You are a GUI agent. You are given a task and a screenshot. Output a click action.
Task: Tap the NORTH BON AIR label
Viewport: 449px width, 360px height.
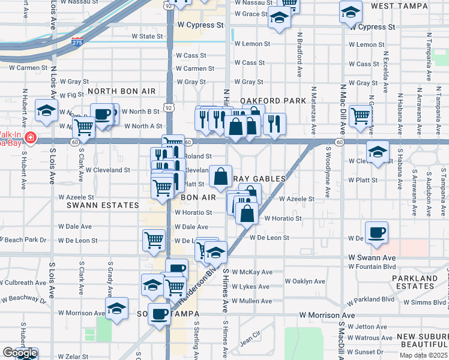[121, 91]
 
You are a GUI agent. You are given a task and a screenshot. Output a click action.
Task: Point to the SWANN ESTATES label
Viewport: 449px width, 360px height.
[103, 205]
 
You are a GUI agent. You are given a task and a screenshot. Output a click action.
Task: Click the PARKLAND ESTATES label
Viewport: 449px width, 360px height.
[415, 282]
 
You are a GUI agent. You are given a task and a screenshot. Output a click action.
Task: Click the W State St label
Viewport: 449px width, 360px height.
[147, 37]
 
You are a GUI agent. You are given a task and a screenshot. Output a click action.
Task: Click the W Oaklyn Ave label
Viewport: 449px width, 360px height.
[305, 281]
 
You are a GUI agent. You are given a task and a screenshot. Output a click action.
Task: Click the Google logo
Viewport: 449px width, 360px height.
[19, 353]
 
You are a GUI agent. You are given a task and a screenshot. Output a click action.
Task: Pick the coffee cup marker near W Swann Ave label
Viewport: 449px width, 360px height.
[376, 232]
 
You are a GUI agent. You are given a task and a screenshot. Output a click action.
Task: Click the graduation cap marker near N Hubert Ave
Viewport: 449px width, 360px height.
[46, 110]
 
